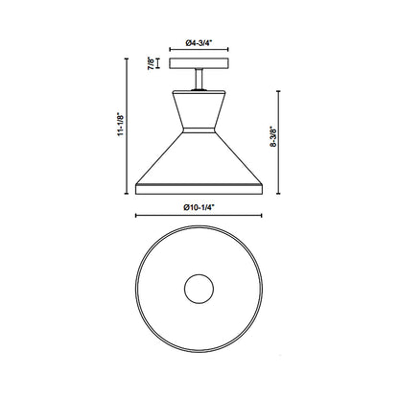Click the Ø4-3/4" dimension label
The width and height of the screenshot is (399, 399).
point(199,43)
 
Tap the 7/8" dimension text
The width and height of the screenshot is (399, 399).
point(151,64)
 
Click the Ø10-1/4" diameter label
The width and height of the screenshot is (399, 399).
point(199,203)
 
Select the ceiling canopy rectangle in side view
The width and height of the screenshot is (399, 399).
point(199,65)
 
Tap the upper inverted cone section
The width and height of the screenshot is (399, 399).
point(199,103)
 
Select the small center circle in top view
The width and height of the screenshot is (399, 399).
point(199,289)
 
